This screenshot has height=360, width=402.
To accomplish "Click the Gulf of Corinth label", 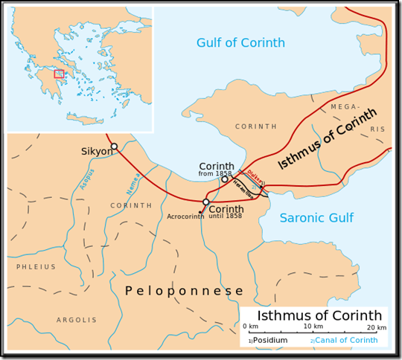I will [243, 42].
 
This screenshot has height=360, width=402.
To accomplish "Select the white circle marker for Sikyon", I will [114, 147].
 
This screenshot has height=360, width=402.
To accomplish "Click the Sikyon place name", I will [96, 152].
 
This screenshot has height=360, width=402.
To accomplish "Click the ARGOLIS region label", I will [77, 320].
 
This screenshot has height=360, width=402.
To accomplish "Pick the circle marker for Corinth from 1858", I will [225, 179].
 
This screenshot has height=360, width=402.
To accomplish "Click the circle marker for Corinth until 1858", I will [206, 202].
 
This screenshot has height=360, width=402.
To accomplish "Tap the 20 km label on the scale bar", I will [377, 327].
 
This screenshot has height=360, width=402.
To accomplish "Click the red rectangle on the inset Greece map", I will [59, 74].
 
